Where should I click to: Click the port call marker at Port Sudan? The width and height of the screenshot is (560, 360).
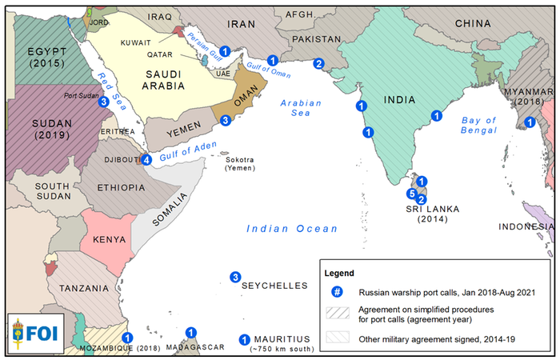click(103, 102)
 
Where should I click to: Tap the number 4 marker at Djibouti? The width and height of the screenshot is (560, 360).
click(146, 160)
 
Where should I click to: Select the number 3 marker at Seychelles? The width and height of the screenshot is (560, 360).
click(235, 278)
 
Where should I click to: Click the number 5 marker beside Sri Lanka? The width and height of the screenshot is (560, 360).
click(412, 194)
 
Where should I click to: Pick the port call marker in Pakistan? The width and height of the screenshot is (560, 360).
click(318, 64)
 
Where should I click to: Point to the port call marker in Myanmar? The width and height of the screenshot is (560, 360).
click(529, 122)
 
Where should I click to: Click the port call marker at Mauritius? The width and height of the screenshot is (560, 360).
click(245, 339)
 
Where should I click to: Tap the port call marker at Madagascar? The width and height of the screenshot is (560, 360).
click(190, 332)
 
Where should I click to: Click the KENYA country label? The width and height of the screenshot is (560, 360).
click(108, 239)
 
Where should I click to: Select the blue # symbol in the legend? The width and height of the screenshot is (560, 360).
click(338, 290)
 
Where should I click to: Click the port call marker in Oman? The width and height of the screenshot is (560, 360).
click(226, 120)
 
